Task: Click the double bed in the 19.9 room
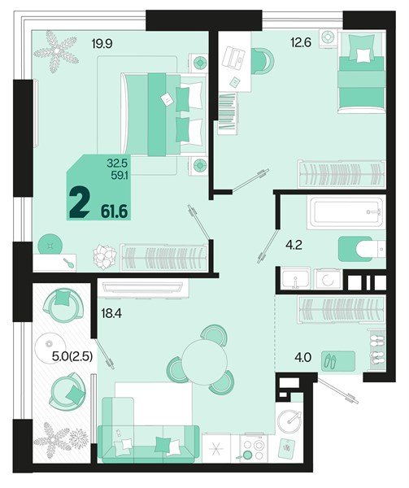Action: coord(163,112)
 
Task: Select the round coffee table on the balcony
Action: coord(57,347)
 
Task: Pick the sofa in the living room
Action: coord(146,439)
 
